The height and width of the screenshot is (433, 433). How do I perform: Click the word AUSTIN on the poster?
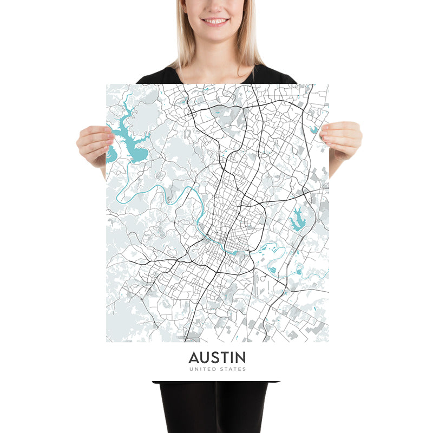(216, 358)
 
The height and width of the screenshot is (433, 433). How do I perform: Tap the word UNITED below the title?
(202, 369)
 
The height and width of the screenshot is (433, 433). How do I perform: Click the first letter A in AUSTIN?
(193, 358)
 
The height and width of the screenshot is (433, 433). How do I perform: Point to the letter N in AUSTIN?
(240, 358)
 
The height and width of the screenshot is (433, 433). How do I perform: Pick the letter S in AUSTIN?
(215, 358)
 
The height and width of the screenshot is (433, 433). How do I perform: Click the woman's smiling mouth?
(215, 21)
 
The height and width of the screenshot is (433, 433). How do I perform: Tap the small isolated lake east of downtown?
(297, 219)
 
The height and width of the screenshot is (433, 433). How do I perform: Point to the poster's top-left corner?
(107, 84)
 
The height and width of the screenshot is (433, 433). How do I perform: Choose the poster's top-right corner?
(328, 84)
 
